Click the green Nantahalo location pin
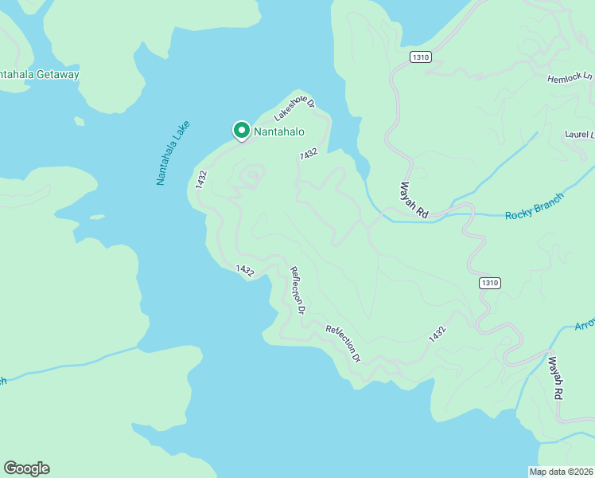tap(240, 131)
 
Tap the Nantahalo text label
tap(279, 131)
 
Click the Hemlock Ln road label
tap(570, 78)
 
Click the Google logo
tap(26, 468)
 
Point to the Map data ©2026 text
tap(562, 471)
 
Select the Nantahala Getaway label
tap(40, 74)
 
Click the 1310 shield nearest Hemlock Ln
tap(421, 57)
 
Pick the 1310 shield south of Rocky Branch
tap(490, 283)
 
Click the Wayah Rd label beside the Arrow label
tap(555, 378)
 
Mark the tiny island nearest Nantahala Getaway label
tap(79, 121)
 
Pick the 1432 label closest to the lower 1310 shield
tap(437, 334)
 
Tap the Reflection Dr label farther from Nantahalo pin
tap(343, 343)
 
